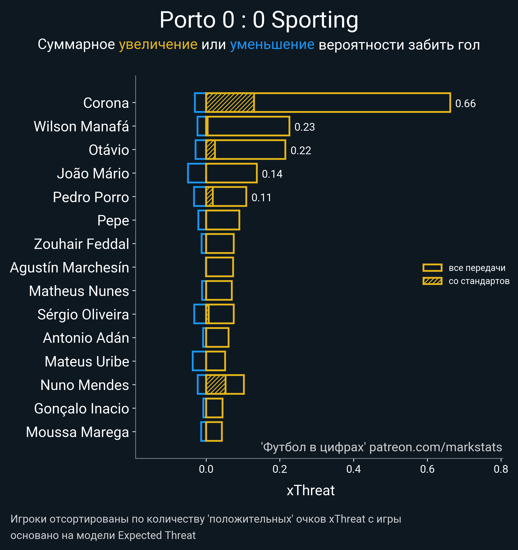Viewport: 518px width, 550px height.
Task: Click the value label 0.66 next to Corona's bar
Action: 465,104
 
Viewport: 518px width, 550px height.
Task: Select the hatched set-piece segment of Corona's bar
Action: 230,103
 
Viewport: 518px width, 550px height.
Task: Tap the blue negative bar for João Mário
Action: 197,173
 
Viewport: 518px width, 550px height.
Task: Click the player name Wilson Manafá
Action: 81,126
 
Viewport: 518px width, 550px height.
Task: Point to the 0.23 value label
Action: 305,127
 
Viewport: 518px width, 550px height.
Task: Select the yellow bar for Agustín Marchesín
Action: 220,267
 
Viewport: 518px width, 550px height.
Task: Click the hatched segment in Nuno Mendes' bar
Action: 216,384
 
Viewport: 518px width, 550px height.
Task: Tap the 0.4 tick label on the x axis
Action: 354,469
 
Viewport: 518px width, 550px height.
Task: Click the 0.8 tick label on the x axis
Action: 501,469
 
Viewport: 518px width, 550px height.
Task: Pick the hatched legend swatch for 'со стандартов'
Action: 432,281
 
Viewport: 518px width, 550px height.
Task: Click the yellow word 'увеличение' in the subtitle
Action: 158,45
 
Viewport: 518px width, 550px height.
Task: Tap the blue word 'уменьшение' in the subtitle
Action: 272,45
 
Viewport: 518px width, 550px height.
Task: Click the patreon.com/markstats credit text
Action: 436,447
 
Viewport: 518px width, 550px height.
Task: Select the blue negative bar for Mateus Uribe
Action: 199,361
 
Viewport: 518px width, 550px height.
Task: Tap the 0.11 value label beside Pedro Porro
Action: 261,198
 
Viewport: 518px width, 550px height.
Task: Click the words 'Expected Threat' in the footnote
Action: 157,535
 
